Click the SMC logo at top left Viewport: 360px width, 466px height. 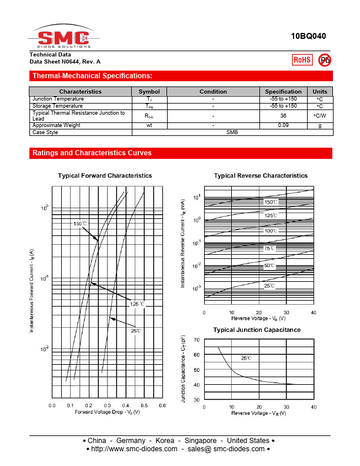coord(61,38)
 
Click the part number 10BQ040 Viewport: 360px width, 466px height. coord(308,36)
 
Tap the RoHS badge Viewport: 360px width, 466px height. coord(302,59)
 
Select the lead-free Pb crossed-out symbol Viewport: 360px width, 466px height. coord(324,59)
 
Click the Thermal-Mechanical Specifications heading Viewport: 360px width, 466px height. coord(92,76)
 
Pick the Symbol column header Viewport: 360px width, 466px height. coord(149,91)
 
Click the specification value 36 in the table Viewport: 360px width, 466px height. coord(283,116)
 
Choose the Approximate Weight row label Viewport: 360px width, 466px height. coord(56,125)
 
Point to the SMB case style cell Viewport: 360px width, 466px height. coord(232,132)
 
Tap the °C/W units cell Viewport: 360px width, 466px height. coord(319,116)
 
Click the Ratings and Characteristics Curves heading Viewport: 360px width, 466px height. coord(92,153)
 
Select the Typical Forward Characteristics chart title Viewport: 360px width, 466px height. coord(105,175)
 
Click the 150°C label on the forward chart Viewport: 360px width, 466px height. coord(80,224)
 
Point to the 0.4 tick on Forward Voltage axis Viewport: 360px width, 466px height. coord(125,405)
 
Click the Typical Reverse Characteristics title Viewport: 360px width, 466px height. coord(261,175)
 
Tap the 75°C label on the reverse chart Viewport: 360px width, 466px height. coord(269,248)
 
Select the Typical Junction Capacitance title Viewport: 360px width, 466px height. coord(256,329)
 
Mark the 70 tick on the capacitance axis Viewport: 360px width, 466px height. coord(196,340)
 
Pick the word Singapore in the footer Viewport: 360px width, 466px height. coord(201,440)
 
